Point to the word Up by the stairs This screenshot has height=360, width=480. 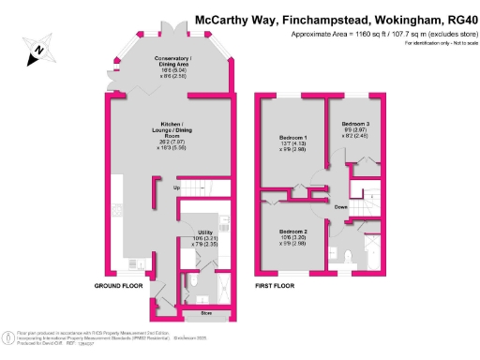(x=176, y=188)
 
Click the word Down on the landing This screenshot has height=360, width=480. (x=341, y=206)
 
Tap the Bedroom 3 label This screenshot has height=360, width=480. (x=355, y=124)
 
